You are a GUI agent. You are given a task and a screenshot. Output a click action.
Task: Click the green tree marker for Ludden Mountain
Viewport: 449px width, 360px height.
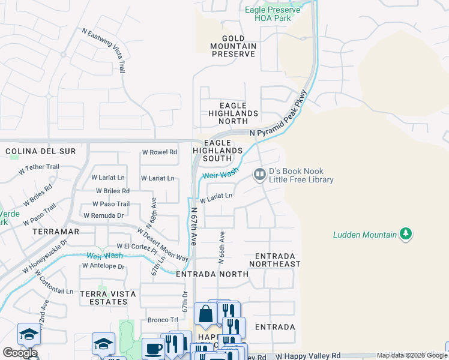pos(406,234)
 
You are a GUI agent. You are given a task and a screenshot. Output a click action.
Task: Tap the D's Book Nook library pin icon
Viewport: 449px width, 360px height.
pos(259,175)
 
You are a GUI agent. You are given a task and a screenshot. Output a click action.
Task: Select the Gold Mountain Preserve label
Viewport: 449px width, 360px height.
pos(234,46)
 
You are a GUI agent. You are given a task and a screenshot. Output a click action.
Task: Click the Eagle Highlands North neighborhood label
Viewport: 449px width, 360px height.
pos(234,113)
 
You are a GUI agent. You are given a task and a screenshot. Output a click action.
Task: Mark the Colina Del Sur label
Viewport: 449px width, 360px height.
pos(41,151)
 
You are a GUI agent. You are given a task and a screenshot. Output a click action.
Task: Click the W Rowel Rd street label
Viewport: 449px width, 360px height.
pos(159,152)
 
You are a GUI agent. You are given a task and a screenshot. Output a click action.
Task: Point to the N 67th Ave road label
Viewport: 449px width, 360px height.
pos(193,226)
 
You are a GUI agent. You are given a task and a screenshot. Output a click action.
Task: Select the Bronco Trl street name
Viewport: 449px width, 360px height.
pos(163,320)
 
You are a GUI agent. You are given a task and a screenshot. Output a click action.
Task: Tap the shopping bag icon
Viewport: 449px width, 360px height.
pos(205,313)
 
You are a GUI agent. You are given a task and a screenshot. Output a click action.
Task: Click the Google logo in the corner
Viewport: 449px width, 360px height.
pos(20,353)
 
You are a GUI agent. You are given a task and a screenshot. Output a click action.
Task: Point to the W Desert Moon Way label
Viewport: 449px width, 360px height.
pos(162,244)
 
